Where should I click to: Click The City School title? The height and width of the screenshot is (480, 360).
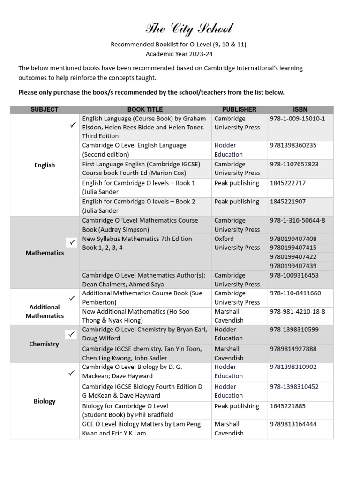pyautogui.click(x=189, y=29)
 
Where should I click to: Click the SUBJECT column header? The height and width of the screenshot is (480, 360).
pyautogui.click(x=45, y=109)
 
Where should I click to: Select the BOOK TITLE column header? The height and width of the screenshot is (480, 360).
pyautogui.click(x=145, y=109)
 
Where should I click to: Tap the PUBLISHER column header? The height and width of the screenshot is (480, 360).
pyautogui.click(x=239, y=109)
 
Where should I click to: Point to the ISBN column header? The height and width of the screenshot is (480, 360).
pyautogui.click(x=300, y=109)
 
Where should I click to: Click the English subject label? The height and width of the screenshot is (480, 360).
pyautogui.click(x=45, y=165)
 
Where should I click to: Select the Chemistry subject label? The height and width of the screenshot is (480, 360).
pyautogui.click(x=44, y=344)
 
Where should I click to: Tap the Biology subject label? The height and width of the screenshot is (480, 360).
pyautogui.click(x=45, y=401)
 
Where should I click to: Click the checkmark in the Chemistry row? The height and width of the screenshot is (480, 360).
pyautogui.click(x=72, y=334)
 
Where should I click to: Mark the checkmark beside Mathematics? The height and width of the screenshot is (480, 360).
pyautogui.click(x=72, y=242)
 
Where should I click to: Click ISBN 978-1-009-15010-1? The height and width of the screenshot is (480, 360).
pyautogui.click(x=297, y=119)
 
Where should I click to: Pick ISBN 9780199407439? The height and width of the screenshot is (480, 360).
pyautogui.click(x=293, y=266)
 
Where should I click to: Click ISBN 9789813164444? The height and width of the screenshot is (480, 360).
pyautogui.click(x=293, y=424)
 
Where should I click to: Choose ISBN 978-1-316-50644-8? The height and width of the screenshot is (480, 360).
pyautogui.click(x=297, y=220)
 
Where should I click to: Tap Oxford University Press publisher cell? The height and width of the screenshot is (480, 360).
pyautogui.click(x=237, y=243)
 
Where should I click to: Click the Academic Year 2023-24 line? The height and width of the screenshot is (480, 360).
pyautogui.click(x=178, y=54)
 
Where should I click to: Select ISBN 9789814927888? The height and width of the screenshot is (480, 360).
pyautogui.click(x=293, y=349)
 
